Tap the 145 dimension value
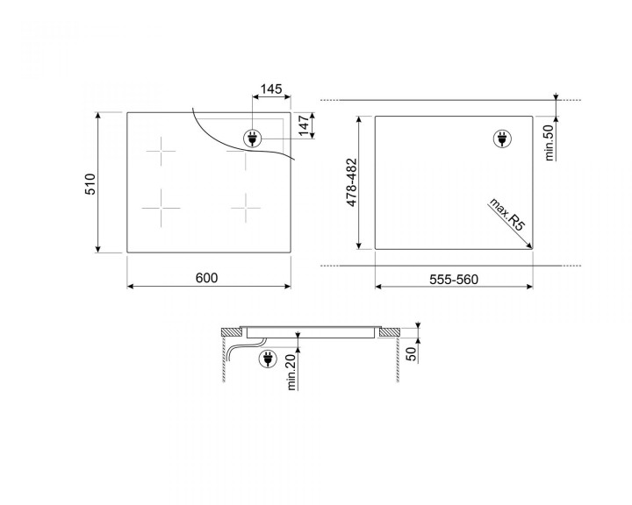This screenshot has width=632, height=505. [x=271, y=89]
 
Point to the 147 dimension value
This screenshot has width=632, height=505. [x=305, y=124]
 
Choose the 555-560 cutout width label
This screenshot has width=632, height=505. [x=452, y=278]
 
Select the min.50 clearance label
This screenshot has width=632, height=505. [x=548, y=143]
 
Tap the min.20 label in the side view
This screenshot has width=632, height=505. [x=290, y=369]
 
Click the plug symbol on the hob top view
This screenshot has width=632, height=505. [x=252, y=139]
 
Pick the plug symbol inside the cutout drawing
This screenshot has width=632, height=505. [x=503, y=139]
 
